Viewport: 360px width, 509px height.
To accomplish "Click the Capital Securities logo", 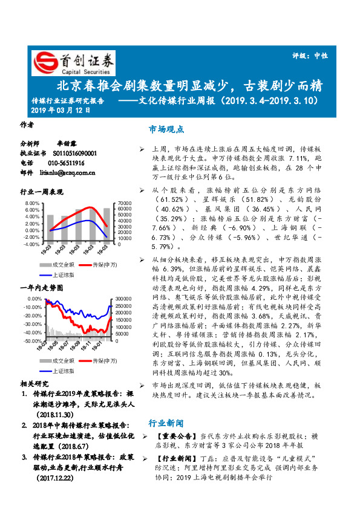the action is click(73, 62).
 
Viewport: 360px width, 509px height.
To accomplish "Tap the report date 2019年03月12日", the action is click(60, 110).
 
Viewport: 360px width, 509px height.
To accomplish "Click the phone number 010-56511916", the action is click(66, 163).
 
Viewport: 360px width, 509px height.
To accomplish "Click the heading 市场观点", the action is click(166, 129).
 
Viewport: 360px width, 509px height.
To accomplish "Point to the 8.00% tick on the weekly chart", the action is click(31, 203).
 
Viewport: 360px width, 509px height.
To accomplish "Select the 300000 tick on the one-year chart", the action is click(123, 299).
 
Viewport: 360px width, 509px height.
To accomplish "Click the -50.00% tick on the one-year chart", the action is click(33, 341).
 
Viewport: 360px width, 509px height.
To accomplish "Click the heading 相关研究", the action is click(34, 383).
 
